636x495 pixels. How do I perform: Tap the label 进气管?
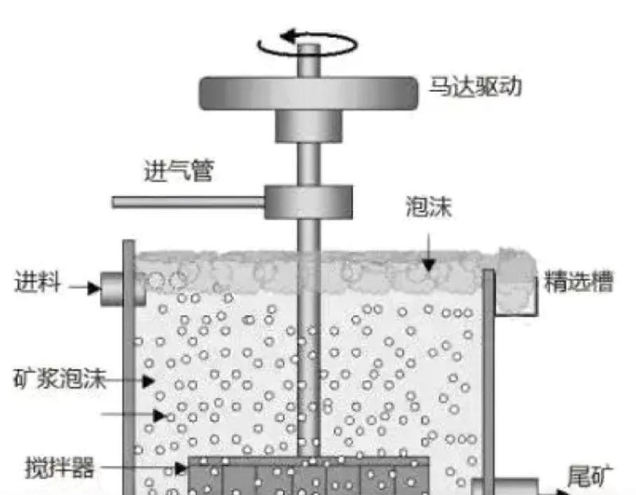tap(178, 170)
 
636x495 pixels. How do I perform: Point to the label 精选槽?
tap(579, 282)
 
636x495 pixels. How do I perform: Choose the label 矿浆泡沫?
tap(60, 380)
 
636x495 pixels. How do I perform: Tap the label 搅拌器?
tap(60, 466)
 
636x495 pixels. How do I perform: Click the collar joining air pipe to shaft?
tap(308, 202)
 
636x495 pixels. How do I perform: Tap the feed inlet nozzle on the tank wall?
tap(112, 287)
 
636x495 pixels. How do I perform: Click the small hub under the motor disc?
tap(308, 126)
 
